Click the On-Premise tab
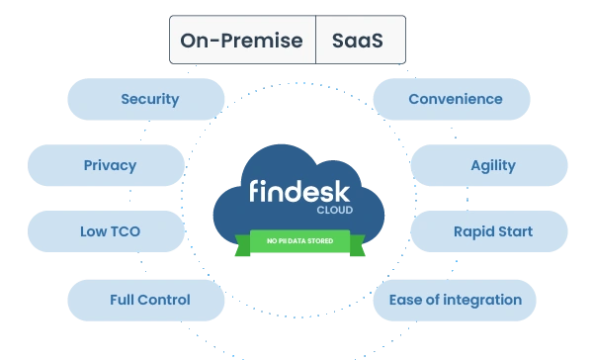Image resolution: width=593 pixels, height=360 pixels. point(242,40)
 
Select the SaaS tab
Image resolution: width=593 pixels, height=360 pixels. point(361,40)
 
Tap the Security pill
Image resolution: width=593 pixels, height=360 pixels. point(146,99)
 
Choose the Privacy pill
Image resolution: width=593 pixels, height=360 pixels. point(107,165)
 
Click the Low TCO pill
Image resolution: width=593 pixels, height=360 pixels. point(107,231)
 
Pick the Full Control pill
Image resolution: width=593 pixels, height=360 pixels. point(146,301)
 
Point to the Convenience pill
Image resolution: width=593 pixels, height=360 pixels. point(452,99)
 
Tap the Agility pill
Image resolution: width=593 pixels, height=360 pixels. point(489,165)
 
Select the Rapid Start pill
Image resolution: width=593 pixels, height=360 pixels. point(489,231)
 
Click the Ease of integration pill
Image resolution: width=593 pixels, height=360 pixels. point(455,301)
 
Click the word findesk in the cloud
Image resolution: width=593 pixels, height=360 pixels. point(299,191)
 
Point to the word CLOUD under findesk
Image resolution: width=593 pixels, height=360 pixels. point(335,210)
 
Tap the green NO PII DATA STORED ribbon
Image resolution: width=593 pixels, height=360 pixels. point(299,243)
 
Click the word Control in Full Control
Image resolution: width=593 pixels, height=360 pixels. point(164,300)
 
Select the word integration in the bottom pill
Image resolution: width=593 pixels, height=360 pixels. point(482,301)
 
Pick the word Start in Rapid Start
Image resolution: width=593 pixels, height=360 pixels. point(515,231)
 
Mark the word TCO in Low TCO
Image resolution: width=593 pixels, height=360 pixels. point(125,231)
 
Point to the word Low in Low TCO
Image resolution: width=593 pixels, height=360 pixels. point(93,231)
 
